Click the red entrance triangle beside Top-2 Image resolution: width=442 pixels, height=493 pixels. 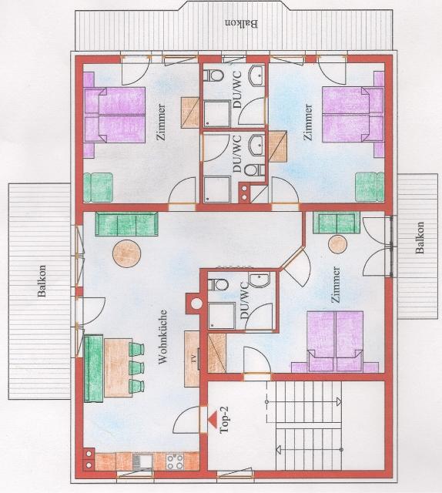[x=213, y=420]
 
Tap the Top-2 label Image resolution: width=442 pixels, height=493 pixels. [x=226, y=420]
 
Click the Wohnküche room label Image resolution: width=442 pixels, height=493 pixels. [x=162, y=337]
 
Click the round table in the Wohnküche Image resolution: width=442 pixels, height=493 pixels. [x=127, y=253]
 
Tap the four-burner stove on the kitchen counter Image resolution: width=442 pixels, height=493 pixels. [x=175, y=461]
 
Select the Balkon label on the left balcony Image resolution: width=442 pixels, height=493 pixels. [x=41, y=281]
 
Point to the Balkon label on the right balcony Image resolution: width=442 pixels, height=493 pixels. [x=420, y=238]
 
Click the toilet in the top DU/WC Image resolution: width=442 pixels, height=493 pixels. [x=214, y=75]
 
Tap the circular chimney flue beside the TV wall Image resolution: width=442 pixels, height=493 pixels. [x=197, y=304]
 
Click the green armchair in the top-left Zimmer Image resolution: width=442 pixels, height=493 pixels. [x=99, y=187]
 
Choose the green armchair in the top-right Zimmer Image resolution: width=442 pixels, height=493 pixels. [x=370, y=186]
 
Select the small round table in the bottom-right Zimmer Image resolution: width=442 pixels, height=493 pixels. [x=337, y=243]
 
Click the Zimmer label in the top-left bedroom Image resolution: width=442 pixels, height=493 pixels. [x=162, y=122]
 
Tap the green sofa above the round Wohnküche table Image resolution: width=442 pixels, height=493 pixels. [x=126, y=223]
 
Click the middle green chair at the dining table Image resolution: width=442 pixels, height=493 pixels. [x=136, y=367]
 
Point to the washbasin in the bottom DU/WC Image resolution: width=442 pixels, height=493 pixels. [x=260, y=280]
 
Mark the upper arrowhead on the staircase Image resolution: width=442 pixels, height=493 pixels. [x=339, y=401]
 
